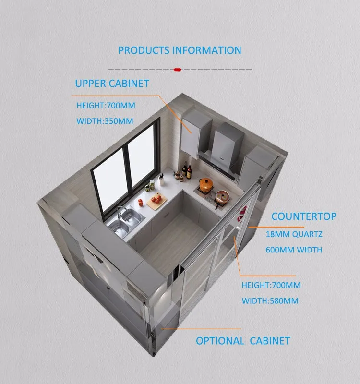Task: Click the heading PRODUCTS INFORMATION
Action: [x=180, y=50]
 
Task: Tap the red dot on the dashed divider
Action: [x=177, y=70]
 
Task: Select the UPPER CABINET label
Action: [x=112, y=84]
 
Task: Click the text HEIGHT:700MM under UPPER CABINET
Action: [x=105, y=105]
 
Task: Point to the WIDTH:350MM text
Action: [x=105, y=121]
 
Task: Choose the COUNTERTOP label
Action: [x=304, y=216]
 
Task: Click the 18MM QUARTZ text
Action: [x=294, y=235]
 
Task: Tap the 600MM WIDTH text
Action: [x=294, y=250]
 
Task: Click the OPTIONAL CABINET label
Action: [x=243, y=341]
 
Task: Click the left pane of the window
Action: [x=109, y=175]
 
